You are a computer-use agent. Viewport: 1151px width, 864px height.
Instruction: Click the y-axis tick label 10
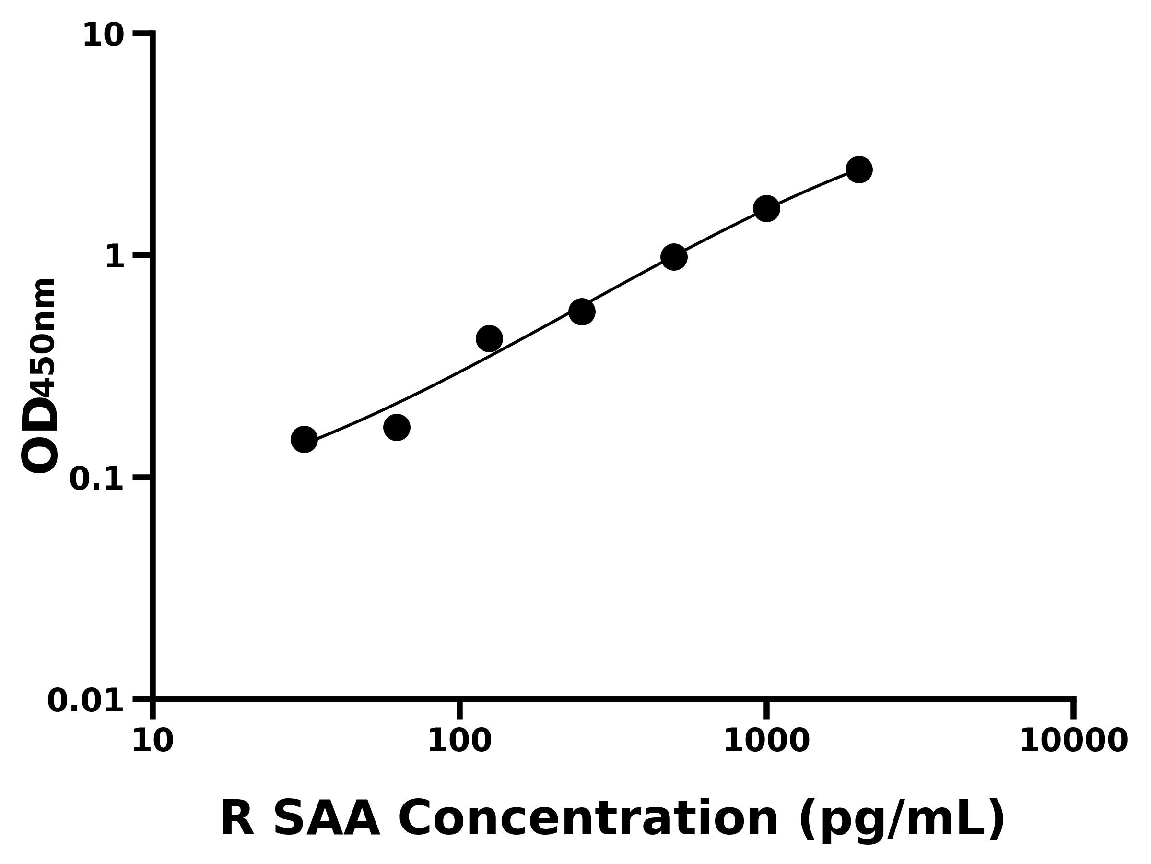104,36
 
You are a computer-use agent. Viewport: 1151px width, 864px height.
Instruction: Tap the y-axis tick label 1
115,257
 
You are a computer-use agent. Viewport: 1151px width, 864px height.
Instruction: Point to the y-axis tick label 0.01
86,700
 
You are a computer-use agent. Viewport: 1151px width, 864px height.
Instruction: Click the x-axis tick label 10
153,741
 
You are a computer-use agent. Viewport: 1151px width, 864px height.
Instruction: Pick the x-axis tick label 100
459,741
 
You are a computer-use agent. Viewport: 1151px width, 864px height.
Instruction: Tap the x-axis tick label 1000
766,741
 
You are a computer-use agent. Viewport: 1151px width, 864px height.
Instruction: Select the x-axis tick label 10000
1073,741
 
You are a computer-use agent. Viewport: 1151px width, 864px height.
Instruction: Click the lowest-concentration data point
304,440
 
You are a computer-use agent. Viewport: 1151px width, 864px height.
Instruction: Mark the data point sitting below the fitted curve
397,428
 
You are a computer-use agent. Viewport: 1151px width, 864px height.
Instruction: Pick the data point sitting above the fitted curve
489,339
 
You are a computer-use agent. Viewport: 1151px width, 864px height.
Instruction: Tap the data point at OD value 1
674,257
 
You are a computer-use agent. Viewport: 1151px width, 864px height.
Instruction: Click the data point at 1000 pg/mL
766,209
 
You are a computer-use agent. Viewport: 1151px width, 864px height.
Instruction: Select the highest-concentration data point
859,170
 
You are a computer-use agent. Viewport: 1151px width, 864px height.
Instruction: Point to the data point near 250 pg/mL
582,312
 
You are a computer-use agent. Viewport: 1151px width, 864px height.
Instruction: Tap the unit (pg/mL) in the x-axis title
902,820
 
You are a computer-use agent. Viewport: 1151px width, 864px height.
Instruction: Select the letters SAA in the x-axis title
326,819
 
